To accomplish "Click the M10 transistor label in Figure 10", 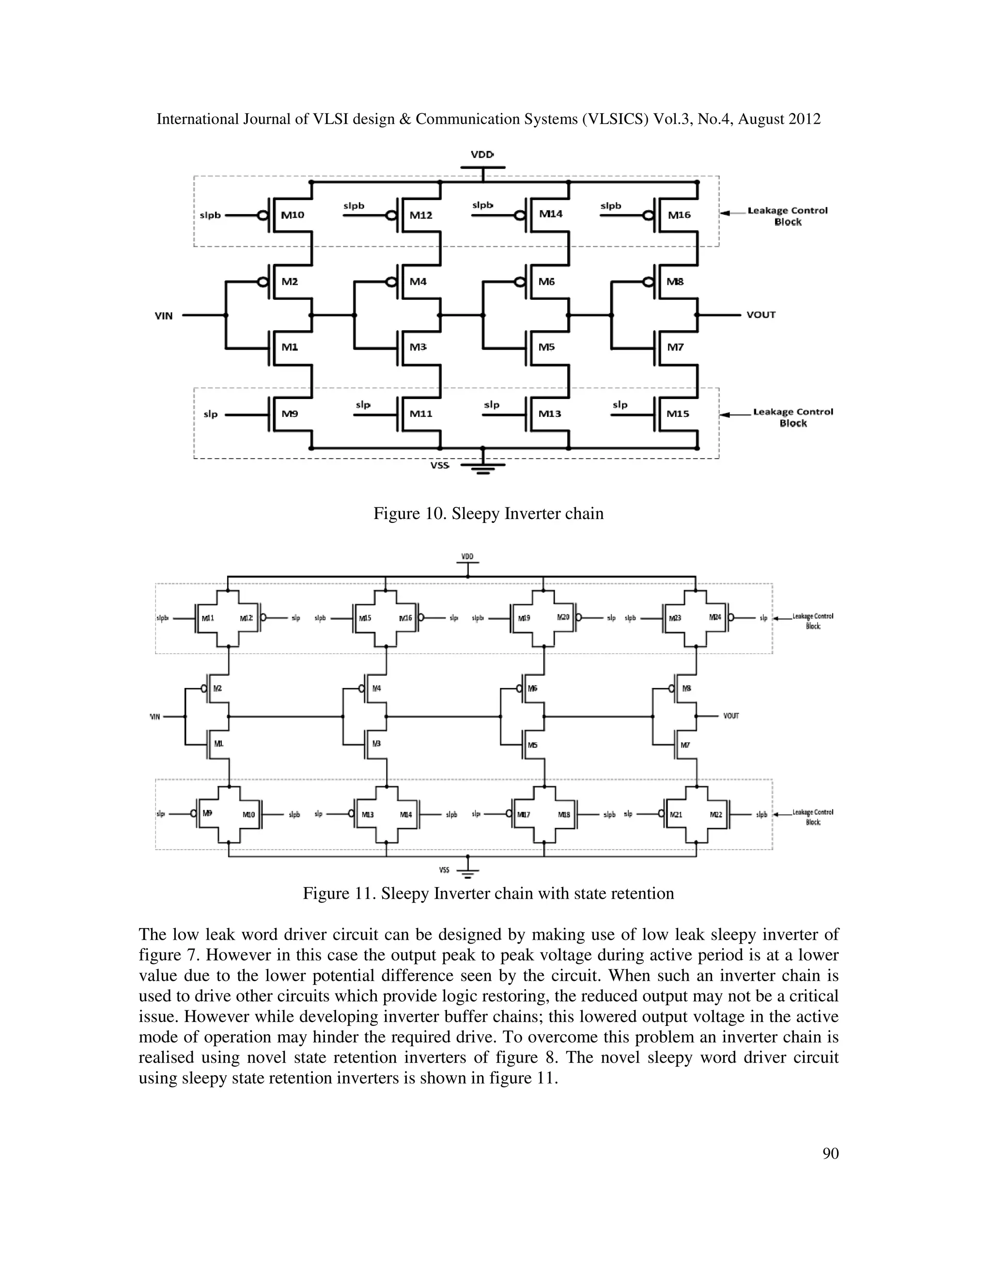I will pos(293,215).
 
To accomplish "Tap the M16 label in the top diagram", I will pos(680,215).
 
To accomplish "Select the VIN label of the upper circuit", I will pos(163,316).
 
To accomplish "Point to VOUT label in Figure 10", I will pos(761,315).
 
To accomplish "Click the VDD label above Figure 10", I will pos(482,154).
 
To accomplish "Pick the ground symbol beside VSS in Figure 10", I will pos(482,468).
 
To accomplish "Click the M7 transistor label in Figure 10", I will pos(675,347).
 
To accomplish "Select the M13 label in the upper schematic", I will pos(550,414).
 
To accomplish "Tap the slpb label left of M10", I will pos(210,215).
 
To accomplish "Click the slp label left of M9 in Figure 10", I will pos(210,414).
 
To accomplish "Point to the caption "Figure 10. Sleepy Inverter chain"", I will pos(488,513).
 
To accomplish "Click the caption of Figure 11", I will pos(488,894).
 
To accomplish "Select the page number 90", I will pos(830,1153).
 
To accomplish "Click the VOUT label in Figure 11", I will pos(731,716).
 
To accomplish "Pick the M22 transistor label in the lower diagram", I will pos(716,815).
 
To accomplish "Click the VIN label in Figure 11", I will pos(155,717).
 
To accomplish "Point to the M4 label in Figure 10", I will pos(418,282).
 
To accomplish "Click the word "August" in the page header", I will pos(760,119).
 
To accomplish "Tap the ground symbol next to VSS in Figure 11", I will pos(468,872).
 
